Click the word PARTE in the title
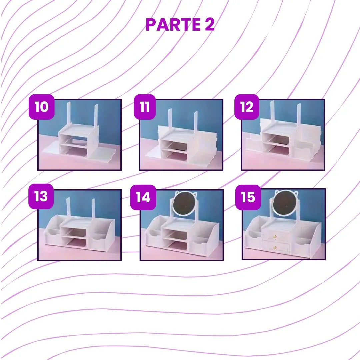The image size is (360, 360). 173,24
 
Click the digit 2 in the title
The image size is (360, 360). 210,24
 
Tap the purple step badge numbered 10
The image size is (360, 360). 42,107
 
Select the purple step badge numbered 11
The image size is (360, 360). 145,107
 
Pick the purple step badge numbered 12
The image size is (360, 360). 247,107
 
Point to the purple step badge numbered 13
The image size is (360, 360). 41,196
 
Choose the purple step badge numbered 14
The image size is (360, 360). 143,197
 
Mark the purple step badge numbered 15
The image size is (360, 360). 248,197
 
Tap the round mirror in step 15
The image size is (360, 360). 285,203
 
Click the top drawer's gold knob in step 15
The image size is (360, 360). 275,236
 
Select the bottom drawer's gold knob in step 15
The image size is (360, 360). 275,247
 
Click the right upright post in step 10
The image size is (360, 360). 96,116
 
